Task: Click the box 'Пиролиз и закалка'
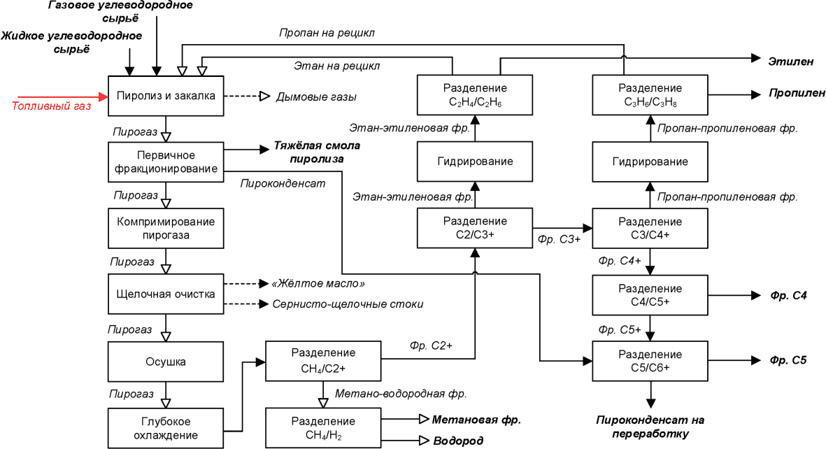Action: (166, 96)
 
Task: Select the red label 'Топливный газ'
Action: (51, 106)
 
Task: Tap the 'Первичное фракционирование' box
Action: (166, 162)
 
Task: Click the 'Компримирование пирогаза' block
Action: (166, 228)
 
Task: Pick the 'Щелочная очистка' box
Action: (166, 294)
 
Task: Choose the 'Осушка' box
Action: (166, 362)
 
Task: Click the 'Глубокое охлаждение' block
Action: (166, 428)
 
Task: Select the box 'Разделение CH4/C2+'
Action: (323, 361)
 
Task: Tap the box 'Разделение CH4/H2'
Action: (323, 427)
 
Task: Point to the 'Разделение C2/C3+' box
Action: (475, 228)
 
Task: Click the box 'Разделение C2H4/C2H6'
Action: (475, 95)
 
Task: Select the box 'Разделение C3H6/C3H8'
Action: (650, 95)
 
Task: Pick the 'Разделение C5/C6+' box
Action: (650, 361)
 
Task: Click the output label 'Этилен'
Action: (791, 61)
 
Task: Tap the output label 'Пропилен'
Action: (797, 93)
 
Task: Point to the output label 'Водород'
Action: (458, 441)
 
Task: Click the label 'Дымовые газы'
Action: (316, 97)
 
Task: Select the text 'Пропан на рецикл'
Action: (327, 33)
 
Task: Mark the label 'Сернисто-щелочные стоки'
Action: (348, 304)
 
